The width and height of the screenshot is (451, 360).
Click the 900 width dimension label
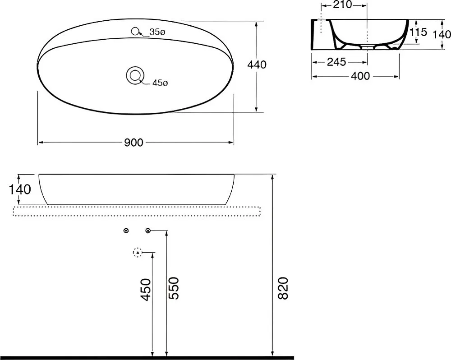coord(133,143)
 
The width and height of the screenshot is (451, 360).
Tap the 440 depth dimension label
coord(257,65)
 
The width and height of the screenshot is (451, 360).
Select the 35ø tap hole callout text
coord(157,32)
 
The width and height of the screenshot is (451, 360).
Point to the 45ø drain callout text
coord(160,83)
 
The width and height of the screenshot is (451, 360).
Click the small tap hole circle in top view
coord(134,31)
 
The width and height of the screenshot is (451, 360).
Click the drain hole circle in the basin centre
coord(134,75)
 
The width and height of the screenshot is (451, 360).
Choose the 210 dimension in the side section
coord(342,5)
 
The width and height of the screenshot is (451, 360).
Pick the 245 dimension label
coord(336,62)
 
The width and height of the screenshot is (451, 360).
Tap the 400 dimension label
coord(360,76)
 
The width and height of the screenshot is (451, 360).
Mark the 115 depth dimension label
coord(418,32)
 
